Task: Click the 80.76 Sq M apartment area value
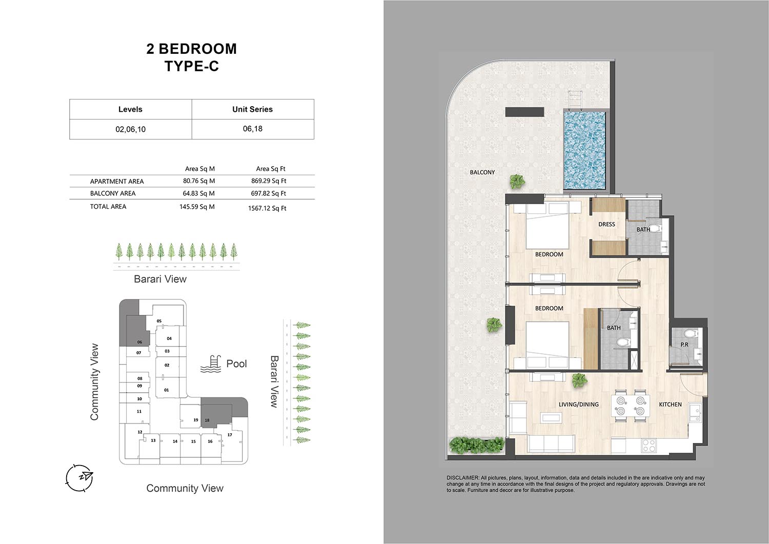(198, 181)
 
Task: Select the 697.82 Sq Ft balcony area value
(268, 193)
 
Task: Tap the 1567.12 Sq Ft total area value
(267, 208)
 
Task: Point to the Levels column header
(130, 109)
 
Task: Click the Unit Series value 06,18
(252, 129)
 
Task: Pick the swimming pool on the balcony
(584, 150)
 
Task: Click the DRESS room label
(606, 224)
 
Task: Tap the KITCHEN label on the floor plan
(670, 405)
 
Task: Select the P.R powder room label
(684, 345)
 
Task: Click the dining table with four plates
(630, 406)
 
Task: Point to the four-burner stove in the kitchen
(649, 446)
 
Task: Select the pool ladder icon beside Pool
(210, 365)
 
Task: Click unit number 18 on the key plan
(207, 420)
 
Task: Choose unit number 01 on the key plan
(167, 390)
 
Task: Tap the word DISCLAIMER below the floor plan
(462, 478)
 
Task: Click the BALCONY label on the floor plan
(482, 172)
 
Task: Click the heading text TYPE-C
(192, 66)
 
